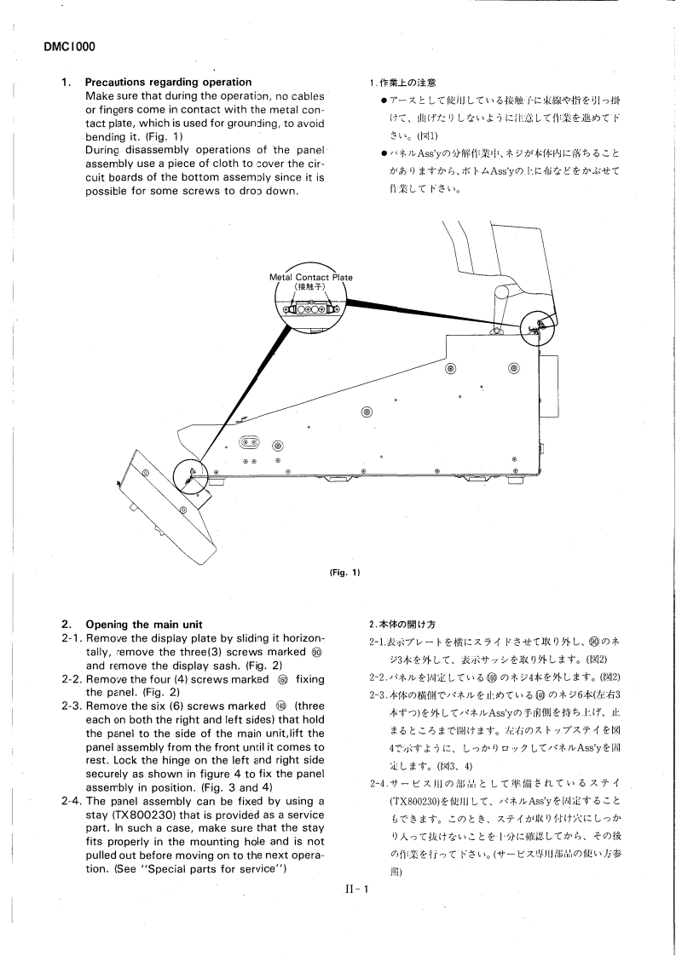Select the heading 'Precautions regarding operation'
(x=157, y=83)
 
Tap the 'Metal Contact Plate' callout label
(x=311, y=278)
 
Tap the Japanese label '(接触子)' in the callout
(x=311, y=288)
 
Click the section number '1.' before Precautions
(x=65, y=83)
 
